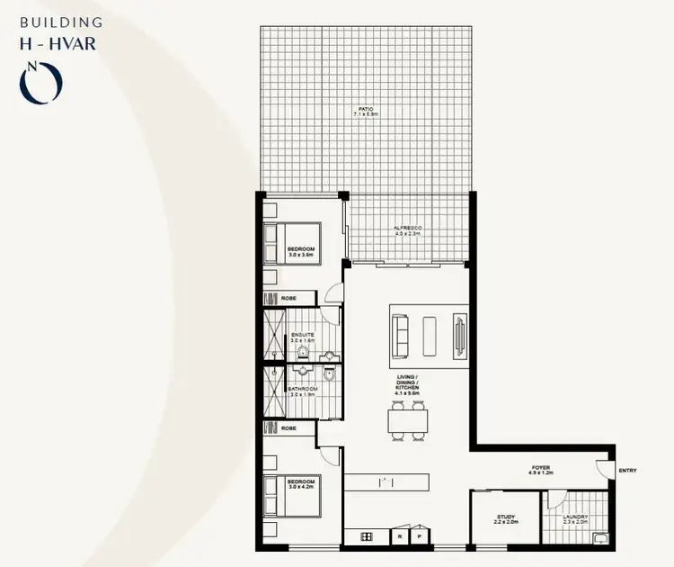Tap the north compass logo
point(41,81)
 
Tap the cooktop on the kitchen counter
point(368,536)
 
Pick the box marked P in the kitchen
point(419,536)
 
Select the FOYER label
point(539,469)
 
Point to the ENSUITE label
point(302,337)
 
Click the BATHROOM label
point(302,391)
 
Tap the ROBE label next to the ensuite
point(288,298)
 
